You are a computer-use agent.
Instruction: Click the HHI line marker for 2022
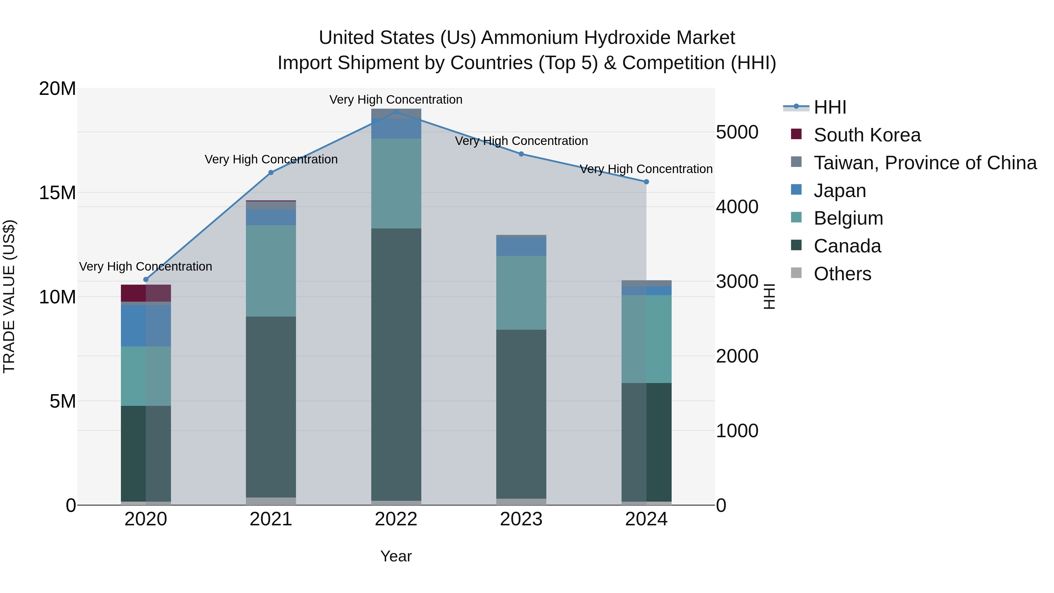point(396,112)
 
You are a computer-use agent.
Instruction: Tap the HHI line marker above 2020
point(146,280)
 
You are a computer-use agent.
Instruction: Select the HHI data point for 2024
point(646,182)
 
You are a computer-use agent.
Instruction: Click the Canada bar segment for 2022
point(396,364)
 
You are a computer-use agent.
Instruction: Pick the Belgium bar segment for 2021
point(271,271)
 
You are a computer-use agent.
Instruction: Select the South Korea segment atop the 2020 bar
point(146,293)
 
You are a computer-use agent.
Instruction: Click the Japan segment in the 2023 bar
point(521,246)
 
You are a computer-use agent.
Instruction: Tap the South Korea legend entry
point(867,135)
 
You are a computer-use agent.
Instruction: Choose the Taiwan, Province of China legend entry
point(925,163)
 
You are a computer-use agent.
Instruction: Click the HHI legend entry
point(829,107)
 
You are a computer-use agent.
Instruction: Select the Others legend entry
point(842,274)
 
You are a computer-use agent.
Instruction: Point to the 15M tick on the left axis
point(57,193)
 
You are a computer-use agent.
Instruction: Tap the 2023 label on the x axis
point(521,519)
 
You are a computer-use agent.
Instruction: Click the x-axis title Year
point(396,556)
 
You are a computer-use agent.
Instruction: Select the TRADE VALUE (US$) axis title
point(9,296)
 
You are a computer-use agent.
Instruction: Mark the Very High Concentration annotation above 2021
point(271,159)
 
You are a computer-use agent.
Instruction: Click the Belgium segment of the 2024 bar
point(646,339)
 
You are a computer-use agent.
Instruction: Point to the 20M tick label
point(57,88)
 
